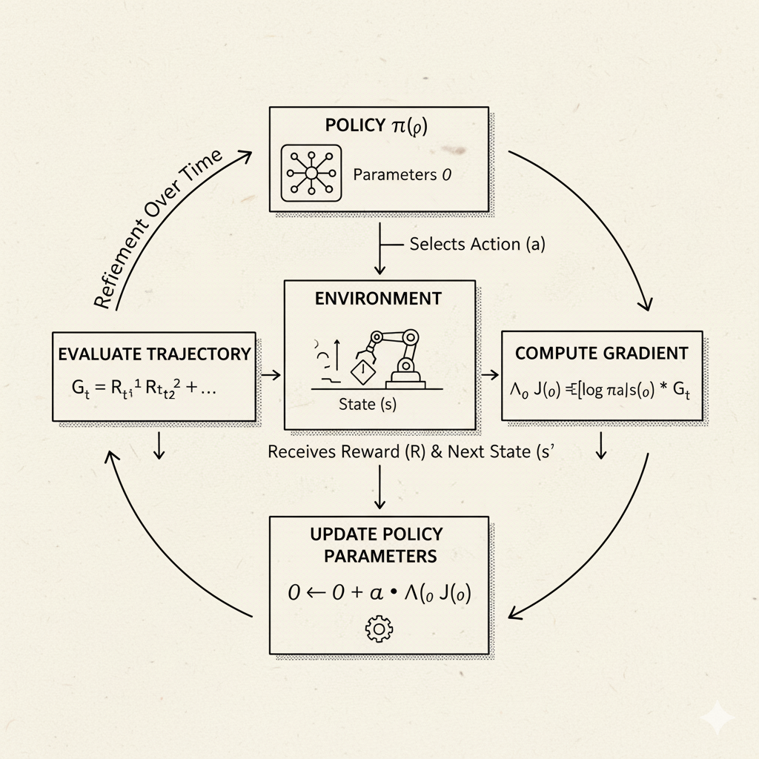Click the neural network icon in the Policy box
coord(311,174)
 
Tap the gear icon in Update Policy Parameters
coord(379,629)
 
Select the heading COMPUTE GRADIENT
coord(601,354)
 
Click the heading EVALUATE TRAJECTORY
coord(154,354)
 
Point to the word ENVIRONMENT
coord(378,299)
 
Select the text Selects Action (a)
coord(477,244)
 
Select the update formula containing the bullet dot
coord(378,592)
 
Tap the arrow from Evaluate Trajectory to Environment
coord(271,375)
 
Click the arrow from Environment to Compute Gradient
coord(489,375)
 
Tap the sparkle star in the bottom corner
coord(718,717)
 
